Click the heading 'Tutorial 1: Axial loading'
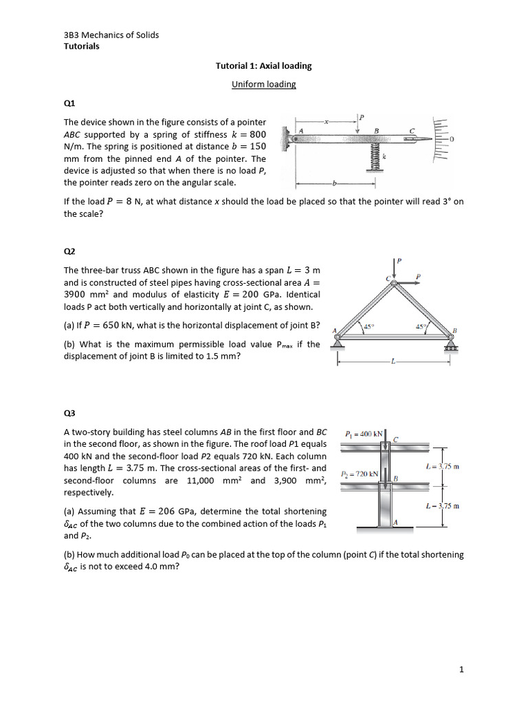pyautogui.click(x=263, y=66)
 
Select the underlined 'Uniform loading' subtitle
pyautogui.click(x=263, y=84)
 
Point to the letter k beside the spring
pyautogui.click(x=385, y=158)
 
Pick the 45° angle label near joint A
pyautogui.click(x=367, y=327)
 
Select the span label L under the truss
pyautogui.click(x=393, y=361)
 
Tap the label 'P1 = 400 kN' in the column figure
pyautogui.click(x=364, y=434)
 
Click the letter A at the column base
pyautogui.click(x=395, y=523)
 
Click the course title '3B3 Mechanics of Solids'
pyautogui.click(x=111, y=34)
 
